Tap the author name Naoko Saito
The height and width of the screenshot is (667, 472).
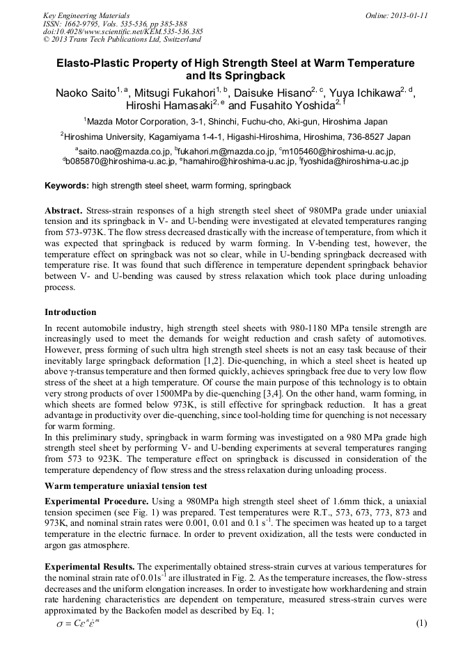tap(85, 93)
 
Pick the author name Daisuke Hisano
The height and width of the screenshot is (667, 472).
tap(274, 93)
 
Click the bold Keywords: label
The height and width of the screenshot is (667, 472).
tap(67, 186)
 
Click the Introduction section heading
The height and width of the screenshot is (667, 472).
tap(70, 312)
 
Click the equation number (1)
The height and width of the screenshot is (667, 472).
tap(420, 623)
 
